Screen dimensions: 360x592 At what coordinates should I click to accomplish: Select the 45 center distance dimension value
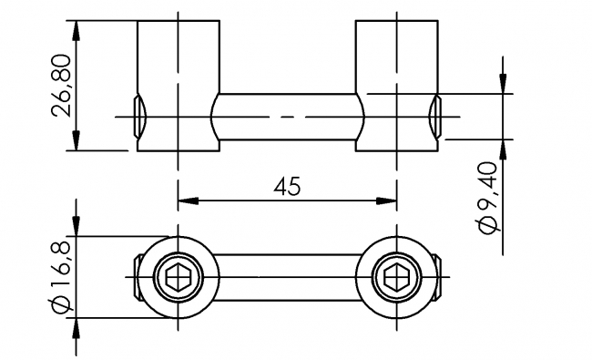[287, 186]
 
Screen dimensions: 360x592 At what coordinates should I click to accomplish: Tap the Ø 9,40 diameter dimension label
[489, 198]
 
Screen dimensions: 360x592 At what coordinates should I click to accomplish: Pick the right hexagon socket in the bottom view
[397, 276]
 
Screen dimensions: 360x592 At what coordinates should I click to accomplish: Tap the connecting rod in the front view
[287, 117]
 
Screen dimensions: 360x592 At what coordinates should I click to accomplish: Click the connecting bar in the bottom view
[287, 276]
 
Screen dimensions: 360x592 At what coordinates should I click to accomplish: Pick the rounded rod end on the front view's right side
[434, 117]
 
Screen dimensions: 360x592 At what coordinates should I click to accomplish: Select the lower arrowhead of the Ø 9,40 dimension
[500, 148]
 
